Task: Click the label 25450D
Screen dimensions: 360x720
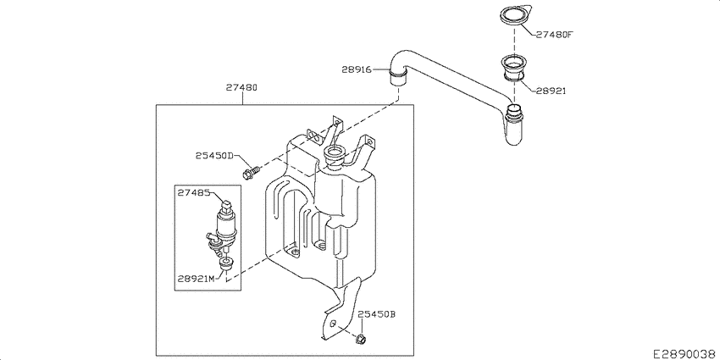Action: tap(213, 156)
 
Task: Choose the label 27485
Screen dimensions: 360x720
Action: tap(194, 193)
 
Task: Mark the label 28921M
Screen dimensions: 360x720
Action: tap(197, 278)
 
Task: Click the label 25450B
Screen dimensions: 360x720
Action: tap(377, 313)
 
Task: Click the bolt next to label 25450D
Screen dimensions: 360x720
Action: tap(247, 173)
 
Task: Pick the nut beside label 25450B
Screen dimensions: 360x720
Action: tap(360, 340)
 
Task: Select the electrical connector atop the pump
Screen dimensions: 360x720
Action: tap(226, 204)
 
